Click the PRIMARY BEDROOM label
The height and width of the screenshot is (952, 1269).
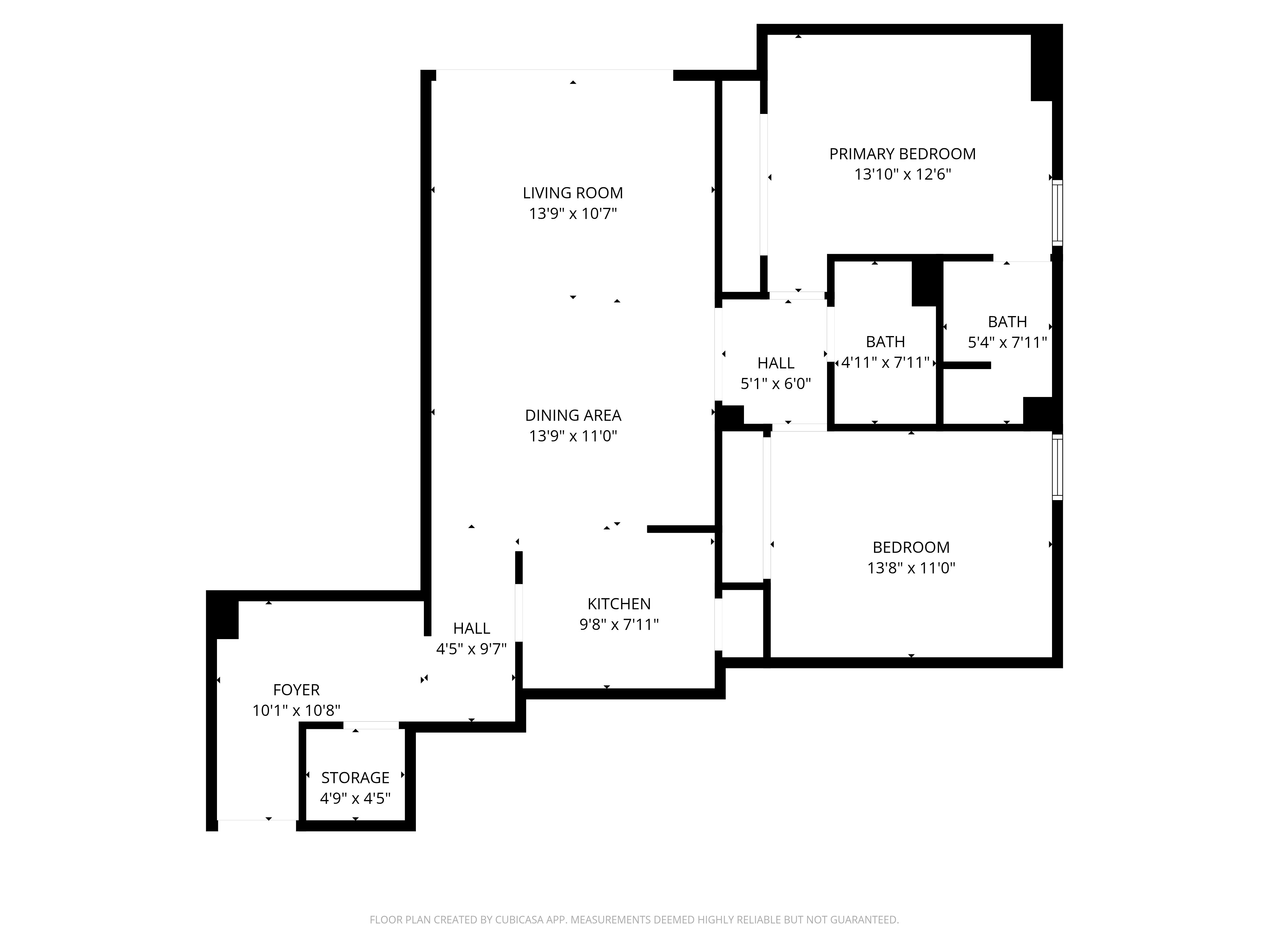point(902,154)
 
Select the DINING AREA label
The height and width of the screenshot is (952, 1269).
point(573,415)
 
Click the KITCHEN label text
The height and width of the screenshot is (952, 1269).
point(618,604)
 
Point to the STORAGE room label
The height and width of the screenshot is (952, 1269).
point(355,777)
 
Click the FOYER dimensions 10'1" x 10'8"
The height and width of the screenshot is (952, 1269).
point(296,711)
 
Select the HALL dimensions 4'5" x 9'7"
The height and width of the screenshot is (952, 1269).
point(471,649)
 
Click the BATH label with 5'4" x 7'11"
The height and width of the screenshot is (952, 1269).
point(1007,322)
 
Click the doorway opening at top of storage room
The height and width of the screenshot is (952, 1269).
point(371,725)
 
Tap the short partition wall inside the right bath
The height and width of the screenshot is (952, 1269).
point(967,365)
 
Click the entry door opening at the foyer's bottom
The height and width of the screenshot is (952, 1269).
point(256,825)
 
